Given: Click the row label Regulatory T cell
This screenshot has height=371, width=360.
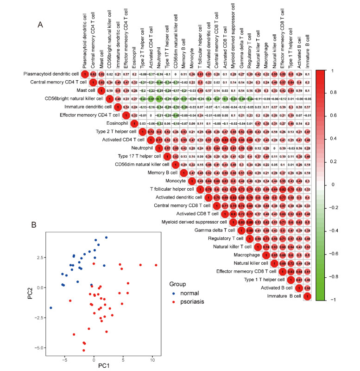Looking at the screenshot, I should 231,239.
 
